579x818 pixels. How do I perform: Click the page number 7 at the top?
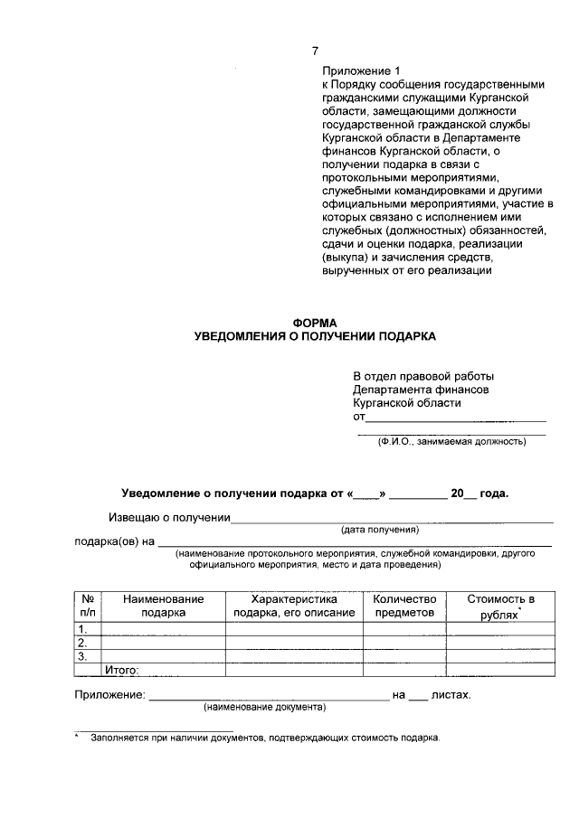tap(315, 51)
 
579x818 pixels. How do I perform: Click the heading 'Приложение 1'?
tap(361, 70)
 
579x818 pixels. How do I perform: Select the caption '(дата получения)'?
tap(379, 530)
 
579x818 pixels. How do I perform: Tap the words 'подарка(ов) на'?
tap(114, 542)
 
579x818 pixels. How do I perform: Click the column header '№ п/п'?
tap(88, 606)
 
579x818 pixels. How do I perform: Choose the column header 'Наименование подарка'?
tap(164, 606)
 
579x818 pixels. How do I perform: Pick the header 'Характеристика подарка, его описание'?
tap(294, 606)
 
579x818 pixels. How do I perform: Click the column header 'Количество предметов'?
tap(404, 606)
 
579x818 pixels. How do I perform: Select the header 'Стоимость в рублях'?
tap(500, 606)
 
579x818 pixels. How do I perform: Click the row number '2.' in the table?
tap(82, 643)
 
